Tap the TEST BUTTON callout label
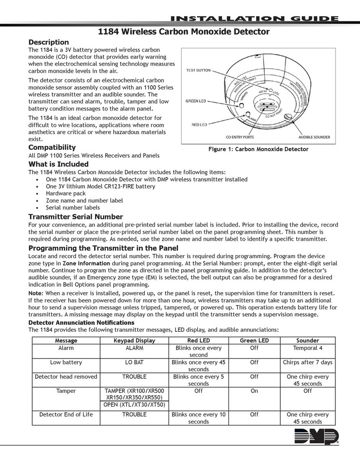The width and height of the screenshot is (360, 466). [199, 70]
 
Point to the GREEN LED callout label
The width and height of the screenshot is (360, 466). [196, 101]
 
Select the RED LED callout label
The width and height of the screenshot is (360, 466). [199, 125]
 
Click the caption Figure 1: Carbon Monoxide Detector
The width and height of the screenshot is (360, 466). [258, 149]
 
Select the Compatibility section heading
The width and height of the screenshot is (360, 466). [52, 147]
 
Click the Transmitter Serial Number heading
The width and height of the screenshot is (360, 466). [75, 217]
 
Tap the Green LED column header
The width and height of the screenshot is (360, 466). [254, 340]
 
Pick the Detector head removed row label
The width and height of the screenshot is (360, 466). [66, 376]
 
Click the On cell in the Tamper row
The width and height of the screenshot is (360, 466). [254, 391]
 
